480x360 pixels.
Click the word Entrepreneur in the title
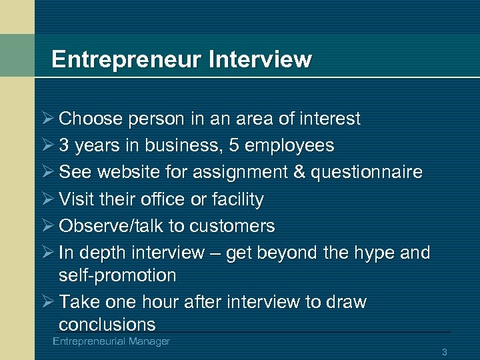tap(127, 60)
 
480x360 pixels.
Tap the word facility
tap(237, 199)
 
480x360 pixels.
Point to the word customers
tap(232, 227)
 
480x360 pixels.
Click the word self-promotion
tap(117, 275)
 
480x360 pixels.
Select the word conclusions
tap(107, 325)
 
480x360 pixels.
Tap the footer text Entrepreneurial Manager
tap(111, 341)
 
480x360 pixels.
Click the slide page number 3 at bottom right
tap(444, 351)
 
